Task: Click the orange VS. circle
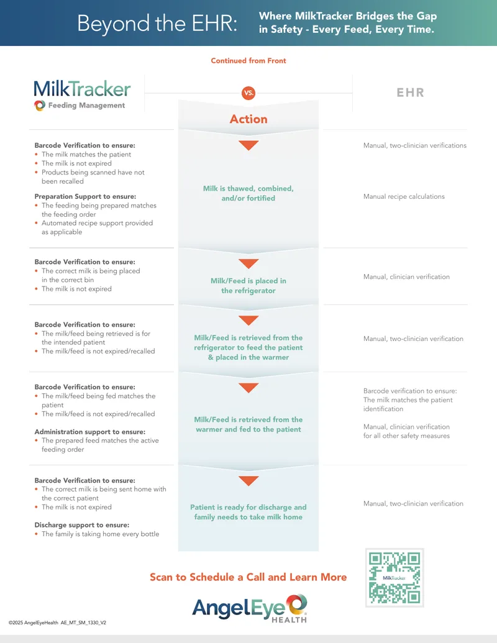click(x=248, y=93)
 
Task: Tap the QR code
click(x=394, y=577)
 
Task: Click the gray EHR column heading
click(x=410, y=93)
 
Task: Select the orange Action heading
click(x=248, y=119)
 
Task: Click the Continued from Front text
click(x=248, y=61)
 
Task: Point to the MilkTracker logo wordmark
click(x=82, y=89)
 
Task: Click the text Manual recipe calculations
click(x=404, y=196)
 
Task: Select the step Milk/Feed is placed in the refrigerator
click(x=248, y=286)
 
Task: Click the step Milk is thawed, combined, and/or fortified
click(x=248, y=193)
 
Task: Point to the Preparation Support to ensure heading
click(x=85, y=196)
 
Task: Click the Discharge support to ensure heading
click(x=81, y=525)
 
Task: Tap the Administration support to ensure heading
click(x=90, y=432)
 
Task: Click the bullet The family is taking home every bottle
click(x=100, y=534)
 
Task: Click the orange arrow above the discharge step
click(x=248, y=481)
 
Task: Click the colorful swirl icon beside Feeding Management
click(x=40, y=106)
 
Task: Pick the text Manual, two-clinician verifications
click(x=415, y=145)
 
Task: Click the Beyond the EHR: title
click(x=157, y=23)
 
